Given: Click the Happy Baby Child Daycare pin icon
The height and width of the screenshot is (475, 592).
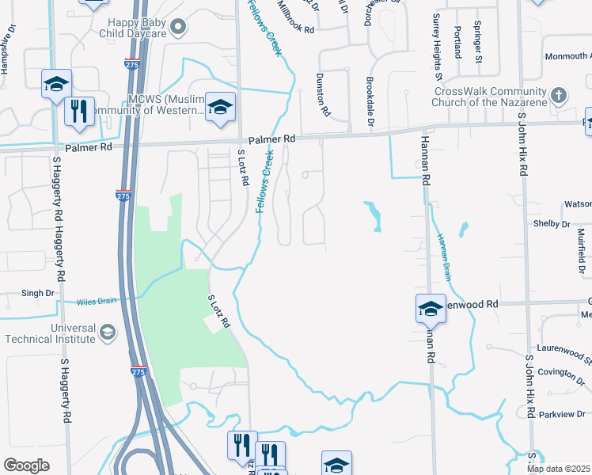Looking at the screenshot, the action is pos(179,28).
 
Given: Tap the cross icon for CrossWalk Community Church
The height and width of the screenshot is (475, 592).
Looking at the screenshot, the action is pos(559,96).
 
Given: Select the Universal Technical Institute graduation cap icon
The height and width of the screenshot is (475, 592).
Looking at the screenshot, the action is pos(108,333).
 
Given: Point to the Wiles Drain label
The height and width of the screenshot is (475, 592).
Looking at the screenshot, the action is pos(97,302).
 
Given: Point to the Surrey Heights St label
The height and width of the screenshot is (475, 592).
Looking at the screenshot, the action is pos(436,47).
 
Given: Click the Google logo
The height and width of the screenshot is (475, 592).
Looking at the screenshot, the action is pos(27,465).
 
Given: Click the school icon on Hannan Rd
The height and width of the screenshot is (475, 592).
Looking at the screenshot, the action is pos(431,308).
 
